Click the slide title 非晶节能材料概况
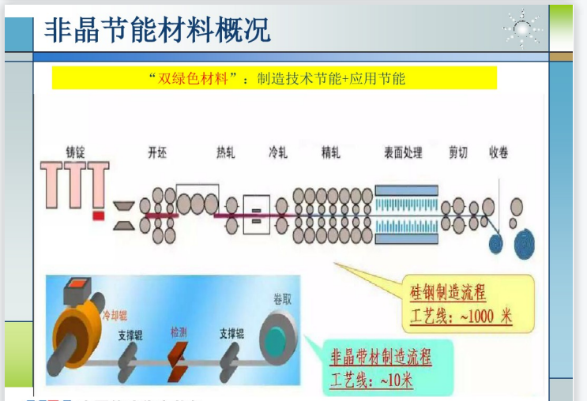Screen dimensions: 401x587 coord(157,29)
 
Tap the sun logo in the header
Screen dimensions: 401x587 coord(522,29)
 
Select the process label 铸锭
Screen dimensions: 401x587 coord(76,152)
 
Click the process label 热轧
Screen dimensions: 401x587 coord(225,152)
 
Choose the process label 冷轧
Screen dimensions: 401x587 coord(278,152)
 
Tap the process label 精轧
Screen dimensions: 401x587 coord(332,152)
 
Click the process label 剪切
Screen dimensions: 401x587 coord(459,152)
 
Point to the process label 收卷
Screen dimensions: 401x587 coord(499,152)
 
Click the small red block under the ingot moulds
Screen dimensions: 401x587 coord(99,214)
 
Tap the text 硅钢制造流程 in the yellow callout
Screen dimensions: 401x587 coord(448,294)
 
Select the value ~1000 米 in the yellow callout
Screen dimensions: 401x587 coord(484,317)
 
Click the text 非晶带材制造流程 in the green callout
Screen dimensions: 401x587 coord(381,358)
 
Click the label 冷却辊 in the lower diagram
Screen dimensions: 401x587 coord(112,315)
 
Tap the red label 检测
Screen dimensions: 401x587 coord(179,332)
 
